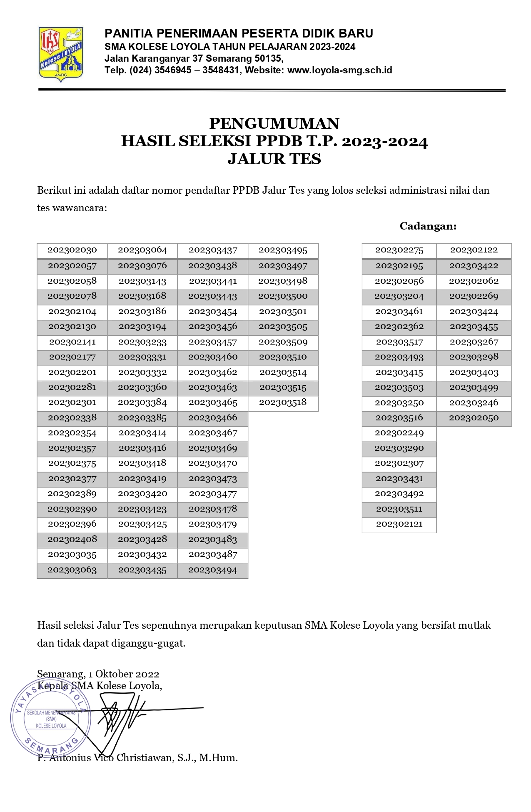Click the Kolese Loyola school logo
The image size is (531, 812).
(60, 53)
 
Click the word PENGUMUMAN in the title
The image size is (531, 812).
(274, 124)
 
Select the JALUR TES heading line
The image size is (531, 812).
(274, 159)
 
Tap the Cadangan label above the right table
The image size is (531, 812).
(428, 226)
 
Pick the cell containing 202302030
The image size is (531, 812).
(72, 250)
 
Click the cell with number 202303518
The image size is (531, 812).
(283, 402)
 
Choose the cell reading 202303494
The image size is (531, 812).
(212, 570)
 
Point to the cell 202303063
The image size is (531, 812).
(72, 570)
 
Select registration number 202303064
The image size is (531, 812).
(142, 250)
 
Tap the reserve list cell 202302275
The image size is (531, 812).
(399, 250)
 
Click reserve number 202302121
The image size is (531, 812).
(399, 525)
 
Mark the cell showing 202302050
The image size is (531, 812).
(474, 418)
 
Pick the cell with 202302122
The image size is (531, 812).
(474, 250)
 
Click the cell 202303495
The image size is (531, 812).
(283, 250)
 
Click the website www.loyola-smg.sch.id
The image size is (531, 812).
(340, 70)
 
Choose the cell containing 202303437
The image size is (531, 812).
(212, 250)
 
